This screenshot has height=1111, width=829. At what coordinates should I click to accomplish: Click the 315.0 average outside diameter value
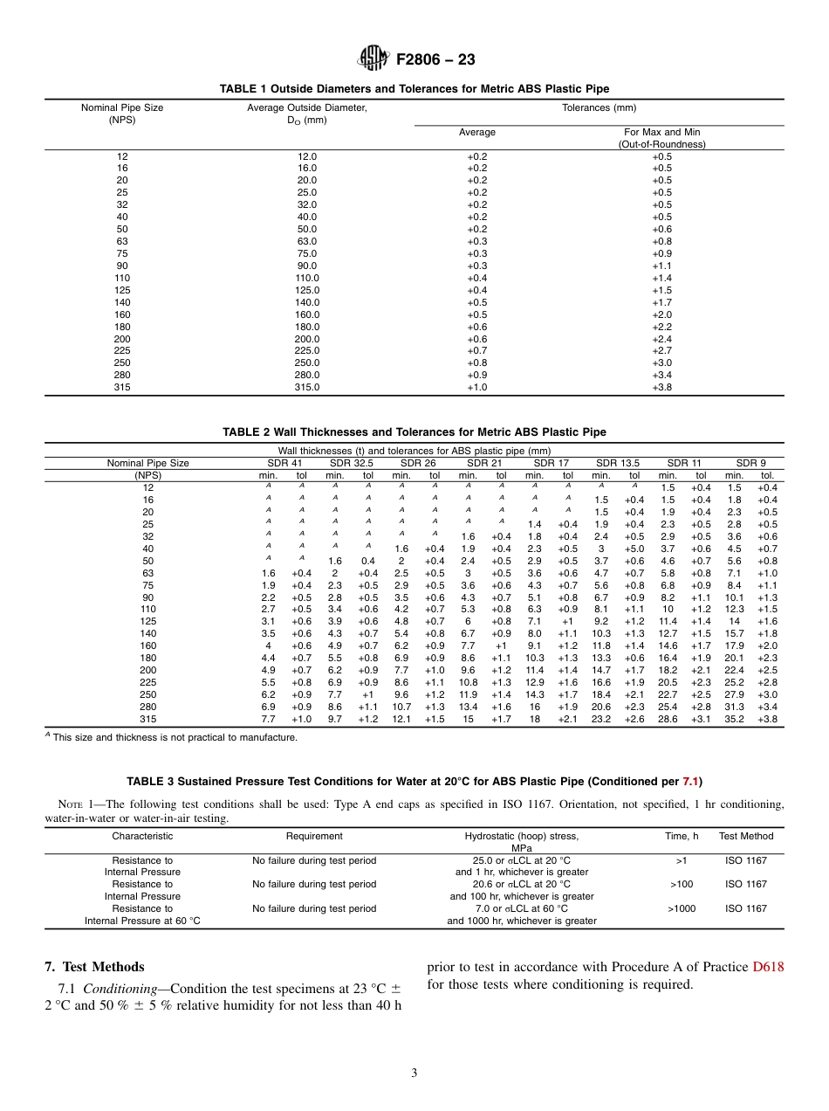coord(307,387)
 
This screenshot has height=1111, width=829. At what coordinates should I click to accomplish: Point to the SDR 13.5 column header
coord(618,463)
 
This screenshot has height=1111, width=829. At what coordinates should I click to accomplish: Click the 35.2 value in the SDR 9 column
coord(734,719)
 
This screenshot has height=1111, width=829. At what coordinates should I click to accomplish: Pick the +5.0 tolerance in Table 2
coord(634,549)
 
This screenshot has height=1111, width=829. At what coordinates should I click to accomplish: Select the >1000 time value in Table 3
coord(682,908)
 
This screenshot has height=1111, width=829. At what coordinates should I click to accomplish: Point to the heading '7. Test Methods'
coord(94,967)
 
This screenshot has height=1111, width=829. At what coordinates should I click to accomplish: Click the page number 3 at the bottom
coord(414,1073)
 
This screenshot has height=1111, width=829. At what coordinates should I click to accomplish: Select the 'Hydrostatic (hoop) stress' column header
coord(521,836)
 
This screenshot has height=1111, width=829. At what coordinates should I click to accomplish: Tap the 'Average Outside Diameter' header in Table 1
coord(306,108)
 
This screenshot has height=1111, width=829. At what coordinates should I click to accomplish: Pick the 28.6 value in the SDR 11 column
coord(668,719)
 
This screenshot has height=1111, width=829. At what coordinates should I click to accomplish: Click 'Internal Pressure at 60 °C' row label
coord(142,921)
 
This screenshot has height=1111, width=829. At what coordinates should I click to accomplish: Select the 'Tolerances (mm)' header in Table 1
coord(599,108)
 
